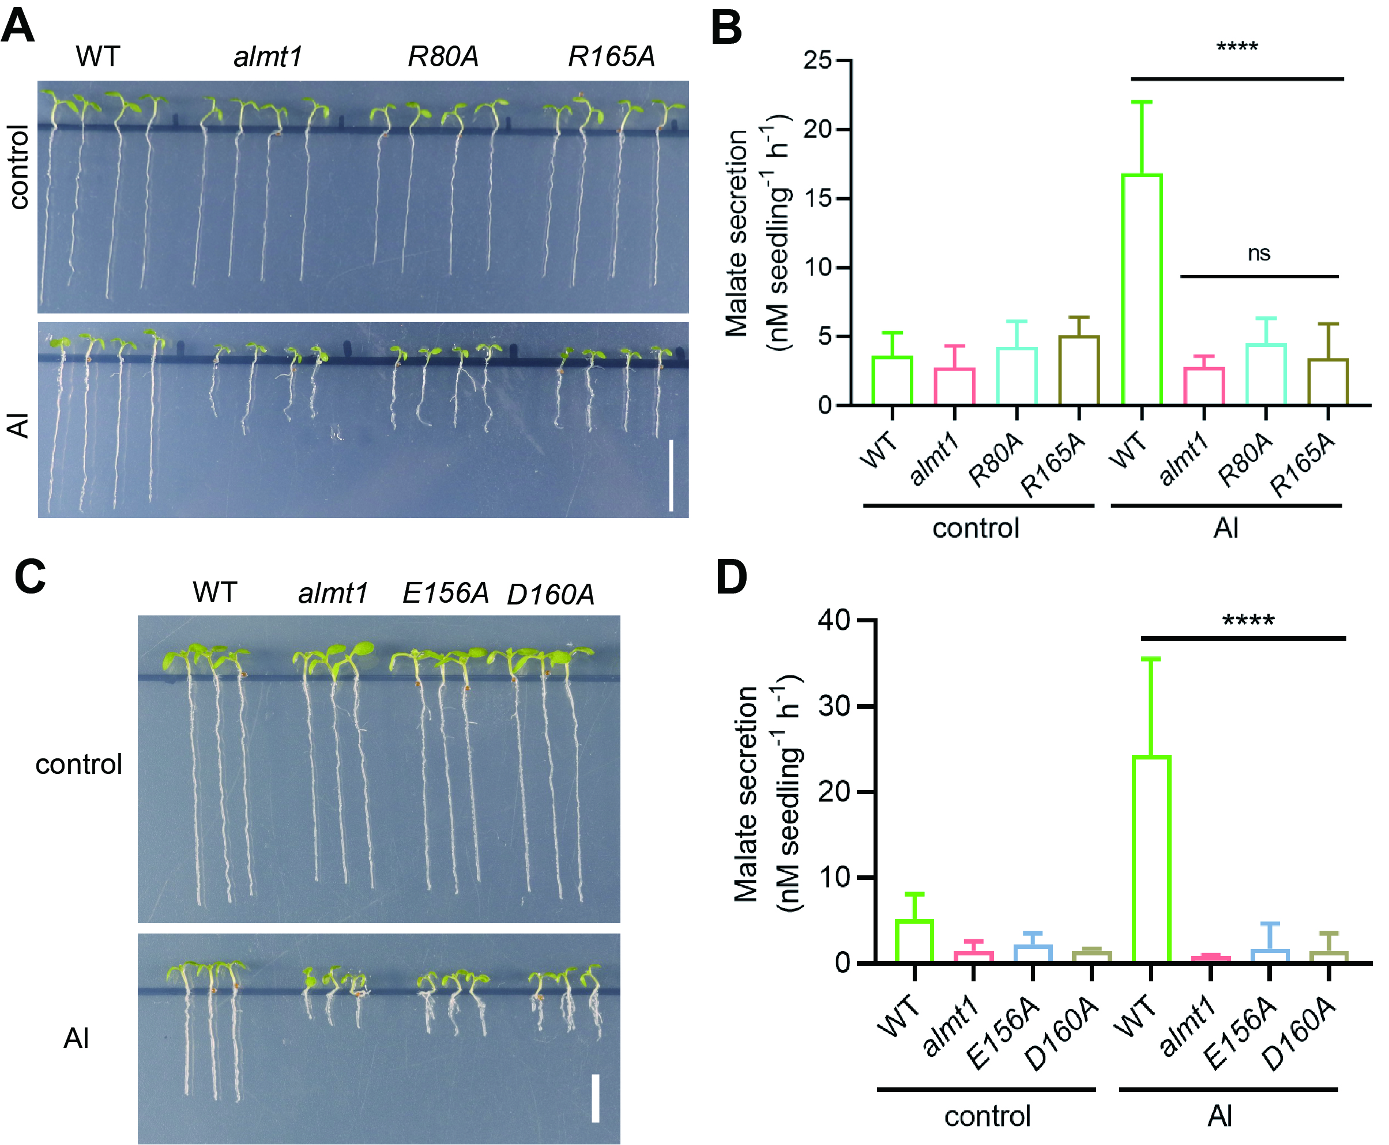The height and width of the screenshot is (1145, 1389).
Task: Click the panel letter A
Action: tap(17, 27)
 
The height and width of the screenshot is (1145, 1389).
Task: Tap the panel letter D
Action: tap(731, 577)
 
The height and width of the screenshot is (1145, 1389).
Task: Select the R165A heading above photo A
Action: tap(611, 56)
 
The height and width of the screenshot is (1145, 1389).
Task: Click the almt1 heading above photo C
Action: tap(333, 593)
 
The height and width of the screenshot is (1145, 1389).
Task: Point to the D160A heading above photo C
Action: tap(550, 594)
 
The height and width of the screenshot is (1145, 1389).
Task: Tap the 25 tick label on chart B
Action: tap(818, 61)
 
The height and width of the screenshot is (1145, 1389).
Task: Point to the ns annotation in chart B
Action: tap(1258, 254)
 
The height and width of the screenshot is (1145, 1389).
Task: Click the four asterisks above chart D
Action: tap(1248, 621)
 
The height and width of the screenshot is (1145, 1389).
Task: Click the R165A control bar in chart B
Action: tap(1079, 370)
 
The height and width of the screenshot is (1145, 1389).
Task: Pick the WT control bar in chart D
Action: tap(914, 941)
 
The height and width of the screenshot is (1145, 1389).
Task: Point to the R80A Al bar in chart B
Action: tap(1266, 374)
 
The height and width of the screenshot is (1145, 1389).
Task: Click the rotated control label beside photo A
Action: tap(19, 168)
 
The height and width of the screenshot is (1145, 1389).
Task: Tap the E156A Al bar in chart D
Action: tap(1270, 956)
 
